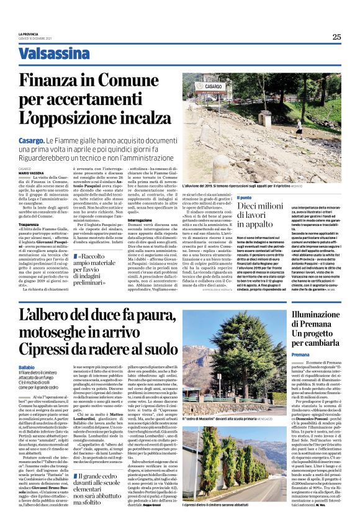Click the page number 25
pyautogui.click(x=336, y=37)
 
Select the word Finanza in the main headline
pyautogui.click(x=60, y=81)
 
